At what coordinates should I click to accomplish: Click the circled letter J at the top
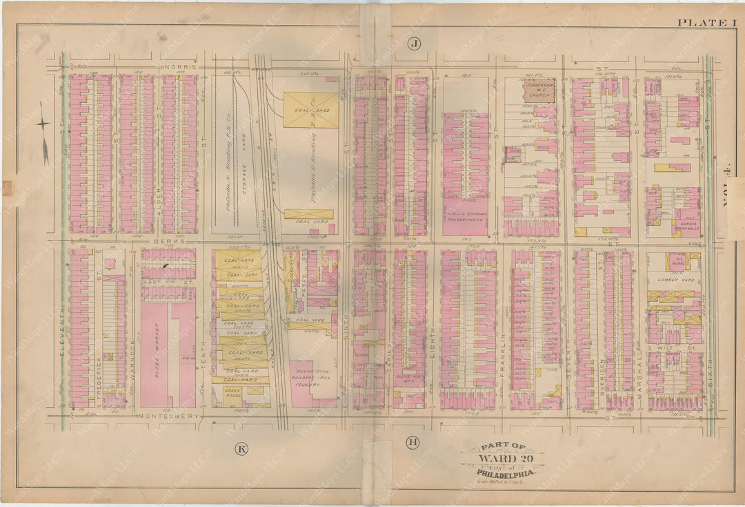(x=414, y=44)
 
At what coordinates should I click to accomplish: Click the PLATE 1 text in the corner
(x=697, y=23)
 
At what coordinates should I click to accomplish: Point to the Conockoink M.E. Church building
(x=539, y=90)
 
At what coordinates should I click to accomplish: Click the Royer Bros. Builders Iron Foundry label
(x=306, y=383)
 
